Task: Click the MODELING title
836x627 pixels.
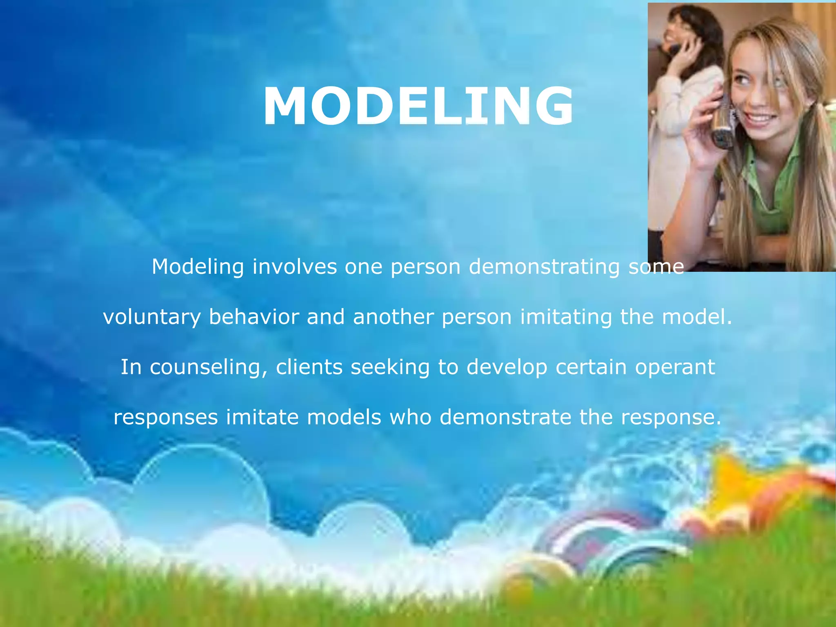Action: pos(418,106)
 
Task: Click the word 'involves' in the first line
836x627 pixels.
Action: pos(295,267)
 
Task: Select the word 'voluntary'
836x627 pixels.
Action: pos(152,318)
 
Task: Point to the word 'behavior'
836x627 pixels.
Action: pos(254,317)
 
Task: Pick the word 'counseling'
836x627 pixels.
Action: pos(208,367)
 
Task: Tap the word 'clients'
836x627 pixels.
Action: pos(309,367)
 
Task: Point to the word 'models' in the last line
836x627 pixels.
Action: pos(344,417)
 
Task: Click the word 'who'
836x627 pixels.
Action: pos(410,417)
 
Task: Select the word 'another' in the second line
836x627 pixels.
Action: pos(393,317)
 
